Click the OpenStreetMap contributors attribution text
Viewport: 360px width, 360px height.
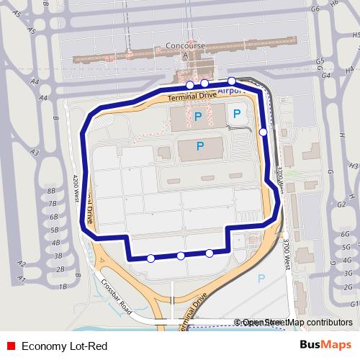pyautogui.click(x=297, y=323)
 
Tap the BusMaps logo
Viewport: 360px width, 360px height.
pyautogui.click(x=325, y=346)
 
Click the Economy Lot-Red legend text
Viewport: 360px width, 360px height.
pyautogui.click(x=64, y=346)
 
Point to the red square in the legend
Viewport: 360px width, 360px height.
pyautogui.click(x=11, y=346)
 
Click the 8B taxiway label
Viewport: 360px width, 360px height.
pyautogui.click(x=51, y=191)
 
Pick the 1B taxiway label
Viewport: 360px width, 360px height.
pyautogui.click(x=63, y=287)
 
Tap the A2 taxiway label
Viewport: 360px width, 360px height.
pyautogui.click(x=22, y=264)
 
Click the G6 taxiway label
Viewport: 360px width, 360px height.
pyautogui.click(x=314, y=9)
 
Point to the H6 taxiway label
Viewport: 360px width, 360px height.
pyautogui.click(x=333, y=4)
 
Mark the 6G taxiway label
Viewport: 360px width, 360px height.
pyautogui.click(x=346, y=235)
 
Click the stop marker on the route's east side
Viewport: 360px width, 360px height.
pyautogui.click(x=264, y=132)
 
